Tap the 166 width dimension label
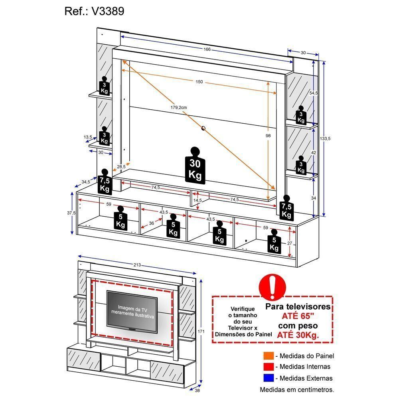[x=207, y=50]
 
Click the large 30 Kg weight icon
[x=196, y=166]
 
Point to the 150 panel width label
[x=199, y=82]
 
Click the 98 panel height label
[x=268, y=136]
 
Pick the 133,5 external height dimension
[x=326, y=138]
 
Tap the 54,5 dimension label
[x=314, y=93]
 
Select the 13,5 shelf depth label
[x=88, y=137]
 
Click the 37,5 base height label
[x=72, y=213]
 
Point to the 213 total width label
[x=137, y=265]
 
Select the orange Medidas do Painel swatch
[x=268, y=356]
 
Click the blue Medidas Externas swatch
[x=268, y=378]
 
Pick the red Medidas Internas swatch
[x=268, y=367]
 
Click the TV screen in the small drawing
[x=132, y=311]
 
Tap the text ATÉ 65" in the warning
[x=298, y=316]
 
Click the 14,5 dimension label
[x=198, y=200]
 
